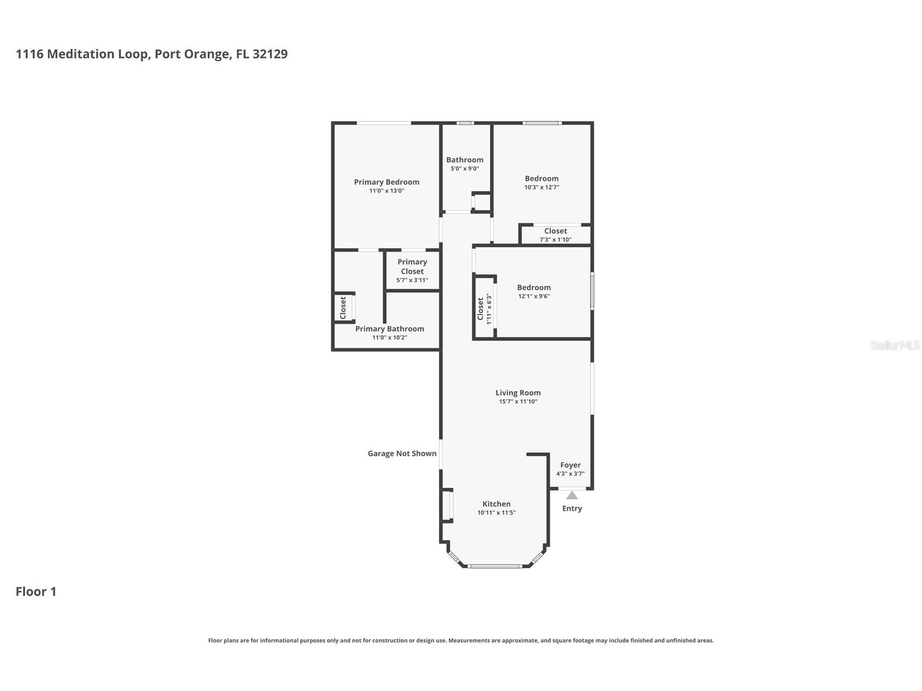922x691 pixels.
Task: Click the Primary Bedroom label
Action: point(386,182)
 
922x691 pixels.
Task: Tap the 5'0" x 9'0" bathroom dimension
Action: point(465,168)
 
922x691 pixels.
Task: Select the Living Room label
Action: point(518,393)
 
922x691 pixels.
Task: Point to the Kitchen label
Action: point(497,504)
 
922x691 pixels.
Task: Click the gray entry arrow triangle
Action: point(572,495)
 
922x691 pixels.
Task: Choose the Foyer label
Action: point(570,465)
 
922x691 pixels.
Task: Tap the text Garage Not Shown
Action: point(402,454)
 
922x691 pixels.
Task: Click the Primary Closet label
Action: point(412,267)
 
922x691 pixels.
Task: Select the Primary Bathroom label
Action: point(390,329)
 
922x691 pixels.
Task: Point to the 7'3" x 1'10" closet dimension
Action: point(555,240)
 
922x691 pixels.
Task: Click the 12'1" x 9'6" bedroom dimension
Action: point(534,296)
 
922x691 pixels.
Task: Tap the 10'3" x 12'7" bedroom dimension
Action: point(542,187)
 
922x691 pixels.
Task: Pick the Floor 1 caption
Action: point(36,592)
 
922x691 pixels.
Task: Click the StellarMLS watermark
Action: point(895,345)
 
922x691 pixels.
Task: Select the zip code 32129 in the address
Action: point(270,54)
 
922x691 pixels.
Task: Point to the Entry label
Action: point(572,508)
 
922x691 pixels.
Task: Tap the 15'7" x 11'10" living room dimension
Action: point(518,401)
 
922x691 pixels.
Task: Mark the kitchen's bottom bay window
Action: point(494,566)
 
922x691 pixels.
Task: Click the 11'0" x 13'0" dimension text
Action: point(387,191)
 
